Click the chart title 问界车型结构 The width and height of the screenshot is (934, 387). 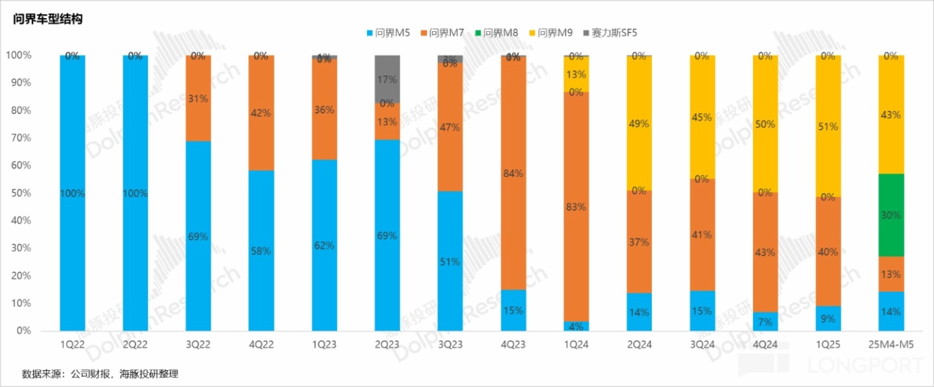[x=48, y=19]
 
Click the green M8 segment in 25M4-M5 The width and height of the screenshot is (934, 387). [x=891, y=215]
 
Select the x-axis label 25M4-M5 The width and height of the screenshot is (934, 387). [x=891, y=345]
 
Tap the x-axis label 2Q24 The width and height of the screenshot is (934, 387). [x=639, y=345]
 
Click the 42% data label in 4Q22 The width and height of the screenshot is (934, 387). [x=261, y=113]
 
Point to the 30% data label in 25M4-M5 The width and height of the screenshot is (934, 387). [x=891, y=215]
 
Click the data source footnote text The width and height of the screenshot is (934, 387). [x=100, y=374]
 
